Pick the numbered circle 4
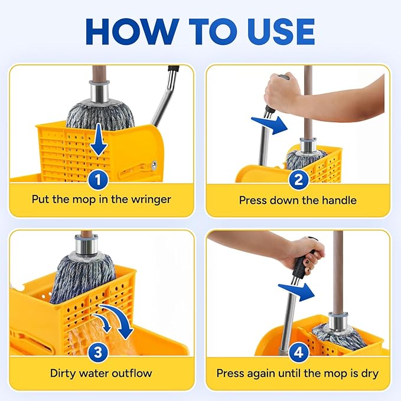pos(299,353)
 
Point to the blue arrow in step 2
pos(268,124)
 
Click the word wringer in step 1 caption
pos(151,199)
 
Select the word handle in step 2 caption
pos(339,200)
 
